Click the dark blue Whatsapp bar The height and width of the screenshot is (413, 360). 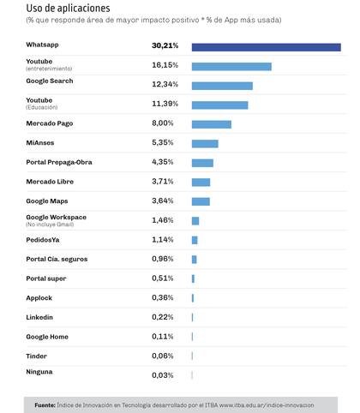(x=267, y=47)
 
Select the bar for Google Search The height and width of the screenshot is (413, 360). (x=222, y=86)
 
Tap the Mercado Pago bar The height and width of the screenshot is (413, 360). (x=212, y=124)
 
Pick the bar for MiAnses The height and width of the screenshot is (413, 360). (x=205, y=144)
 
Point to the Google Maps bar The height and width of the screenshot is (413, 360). (x=201, y=201)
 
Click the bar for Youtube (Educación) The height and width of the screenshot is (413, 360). (x=219, y=105)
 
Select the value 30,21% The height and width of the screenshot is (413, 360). (x=165, y=45)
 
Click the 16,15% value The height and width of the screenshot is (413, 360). (x=165, y=65)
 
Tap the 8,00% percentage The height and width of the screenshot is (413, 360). (x=163, y=123)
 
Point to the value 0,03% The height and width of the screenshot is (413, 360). (x=163, y=375)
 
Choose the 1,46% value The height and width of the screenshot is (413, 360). (x=163, y=220)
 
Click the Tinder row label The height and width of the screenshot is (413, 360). (x=36, y=356)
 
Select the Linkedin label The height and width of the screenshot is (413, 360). (x=39, y=317)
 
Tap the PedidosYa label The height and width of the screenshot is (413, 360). (x=43, y=240)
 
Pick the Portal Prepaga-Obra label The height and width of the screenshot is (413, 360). (x=59, y=162)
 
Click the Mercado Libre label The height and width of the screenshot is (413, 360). (x=50, y=182)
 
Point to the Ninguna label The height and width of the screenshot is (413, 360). (x=39, y=372)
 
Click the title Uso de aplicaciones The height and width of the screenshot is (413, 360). (x=68, y=9)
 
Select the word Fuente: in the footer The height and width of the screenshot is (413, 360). (x=45, y=405)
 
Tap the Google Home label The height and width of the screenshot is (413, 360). (x=47, y=337)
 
